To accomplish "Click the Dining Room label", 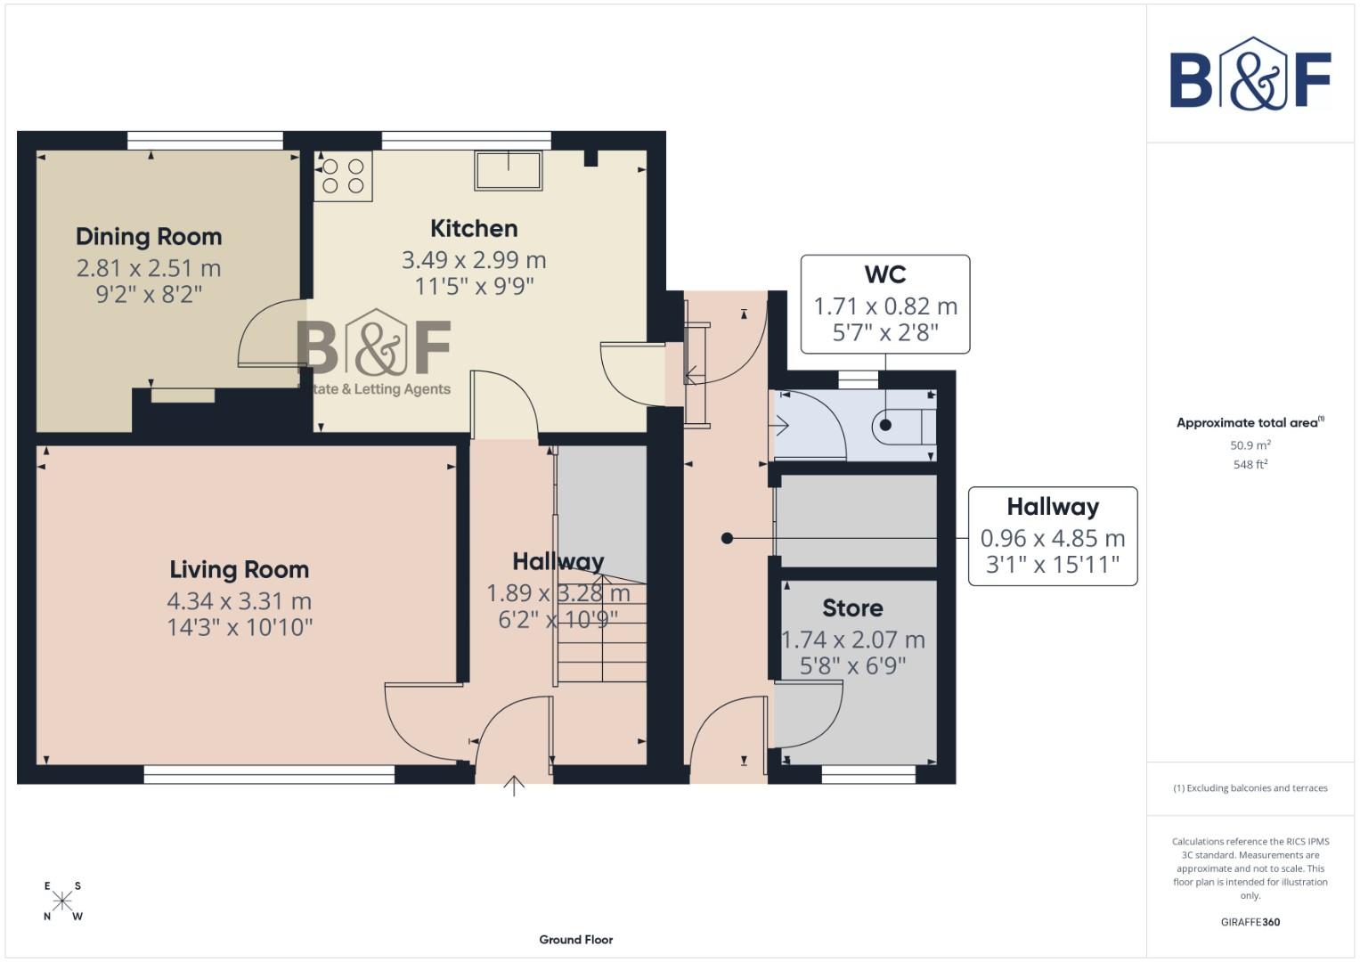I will [149, 237].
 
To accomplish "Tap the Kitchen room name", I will [474, 229].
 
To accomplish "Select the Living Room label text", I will [240, 570].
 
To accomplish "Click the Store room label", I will [852, 608].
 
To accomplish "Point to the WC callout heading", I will [884, 274].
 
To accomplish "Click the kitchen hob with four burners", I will [343, 175].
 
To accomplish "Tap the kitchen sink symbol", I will [509, 170].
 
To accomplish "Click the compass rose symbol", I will [62, 901].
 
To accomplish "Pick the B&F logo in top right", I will [1250, 76].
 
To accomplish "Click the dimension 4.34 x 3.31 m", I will [240, 601].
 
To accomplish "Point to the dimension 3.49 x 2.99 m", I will [474, 260].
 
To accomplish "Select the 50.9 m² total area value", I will [1250, 445].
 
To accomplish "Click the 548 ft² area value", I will [1250, 465].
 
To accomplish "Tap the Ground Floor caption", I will [575, 940].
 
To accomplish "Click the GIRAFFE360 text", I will [1250, 922].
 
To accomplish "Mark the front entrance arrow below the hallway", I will [514, 786].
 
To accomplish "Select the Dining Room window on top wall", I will [205, 140].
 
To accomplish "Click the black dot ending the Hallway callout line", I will [728, 538].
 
